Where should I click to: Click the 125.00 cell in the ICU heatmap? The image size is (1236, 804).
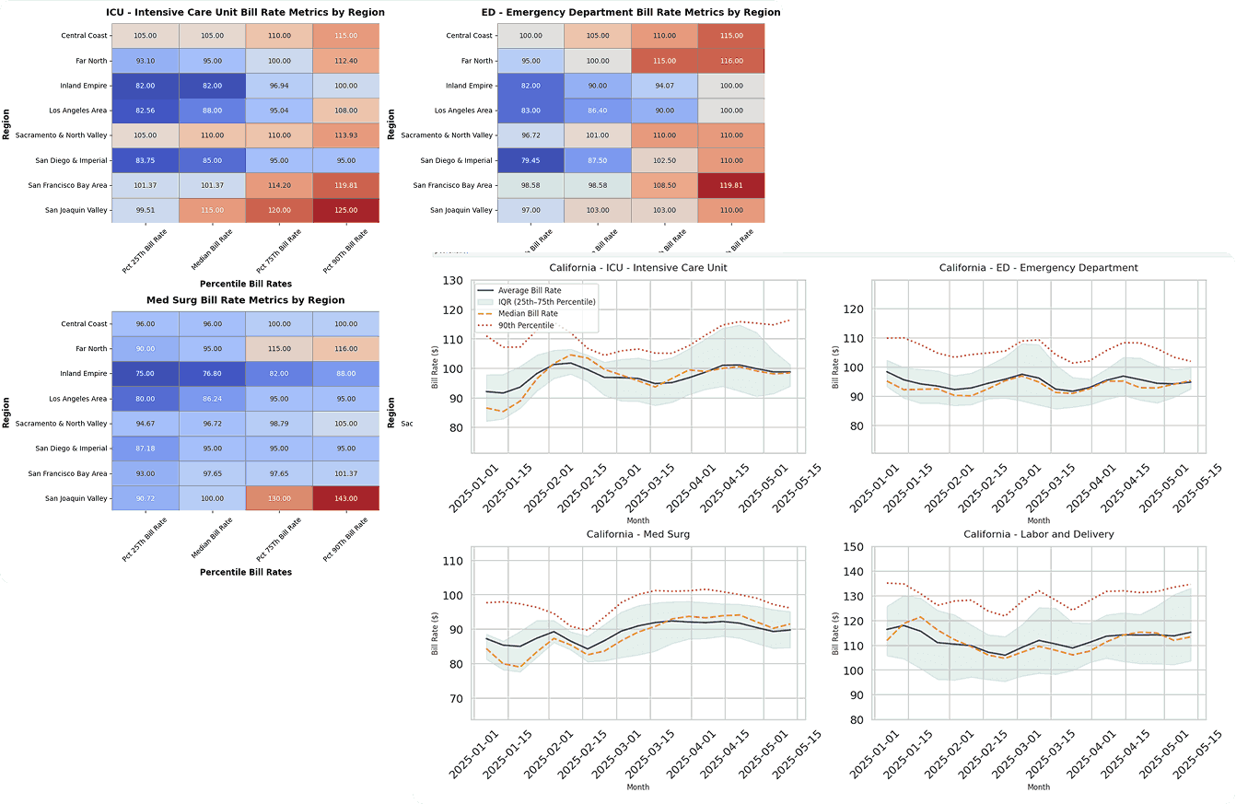[x=345, y=209]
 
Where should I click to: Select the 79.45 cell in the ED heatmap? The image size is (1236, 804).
[x=531, y=160]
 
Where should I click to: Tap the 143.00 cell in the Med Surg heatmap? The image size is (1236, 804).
[x=345, y=498]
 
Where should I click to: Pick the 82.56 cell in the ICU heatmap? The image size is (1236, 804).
[x=145, y=111]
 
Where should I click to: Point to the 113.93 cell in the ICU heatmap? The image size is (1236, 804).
[x=345, y=135]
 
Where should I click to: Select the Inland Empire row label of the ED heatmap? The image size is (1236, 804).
[x=467, y=86]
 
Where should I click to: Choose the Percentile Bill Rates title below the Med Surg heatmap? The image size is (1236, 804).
[x=245, y=572]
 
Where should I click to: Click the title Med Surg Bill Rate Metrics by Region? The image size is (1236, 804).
[x=245, y=300]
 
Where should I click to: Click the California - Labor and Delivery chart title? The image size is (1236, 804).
[x=1038, y=534]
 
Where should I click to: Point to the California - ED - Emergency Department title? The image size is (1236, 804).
[x=1038, y=267]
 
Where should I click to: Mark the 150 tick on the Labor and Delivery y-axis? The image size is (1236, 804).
[x=853, y=547]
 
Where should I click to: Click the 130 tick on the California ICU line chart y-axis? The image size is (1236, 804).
[x=451, y=281]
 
